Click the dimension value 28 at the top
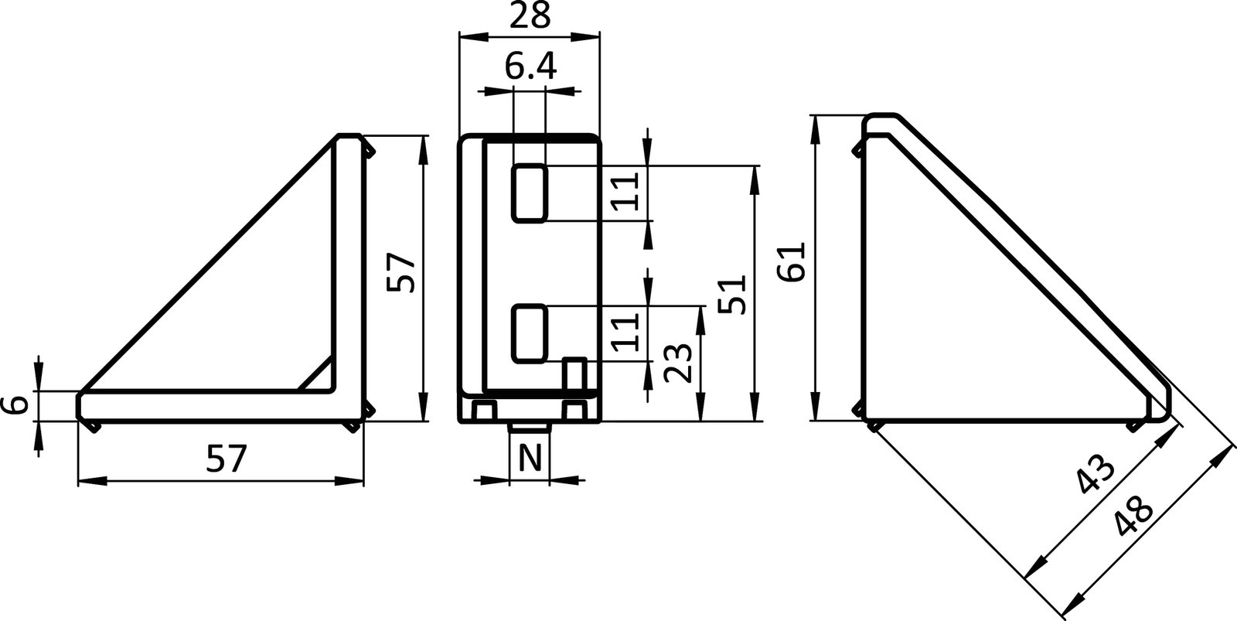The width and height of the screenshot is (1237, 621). click(x=530, y=15)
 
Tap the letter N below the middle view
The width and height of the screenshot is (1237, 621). click(x=530, y=459)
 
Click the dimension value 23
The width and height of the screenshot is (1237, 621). click(x=678, y=363)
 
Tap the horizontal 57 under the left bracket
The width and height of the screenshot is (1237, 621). click(x=227, y=461)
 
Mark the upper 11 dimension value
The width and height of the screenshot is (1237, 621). click(x=627, y=192)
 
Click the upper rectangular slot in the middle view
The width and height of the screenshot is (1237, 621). click(x=530, y=193)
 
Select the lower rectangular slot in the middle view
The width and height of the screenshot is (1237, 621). click(x=530, y=333)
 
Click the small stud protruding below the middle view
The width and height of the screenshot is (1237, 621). click(x=530, y=428)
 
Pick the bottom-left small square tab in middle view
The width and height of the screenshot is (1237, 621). click(x=485, y=410)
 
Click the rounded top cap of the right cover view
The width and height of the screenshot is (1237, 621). click(x=881, y=124)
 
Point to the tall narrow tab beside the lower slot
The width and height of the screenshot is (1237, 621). click(x=574, y=374)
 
